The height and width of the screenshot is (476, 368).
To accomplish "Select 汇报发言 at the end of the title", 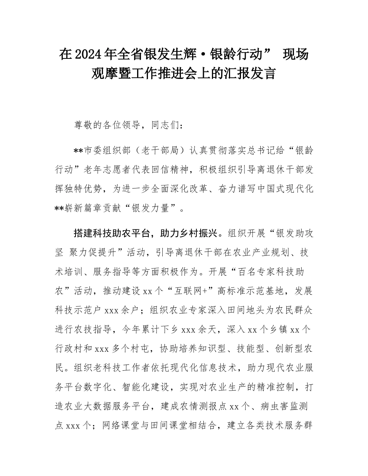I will tap(251, 73).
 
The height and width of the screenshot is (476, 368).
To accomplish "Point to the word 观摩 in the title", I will tap(104, 73).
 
